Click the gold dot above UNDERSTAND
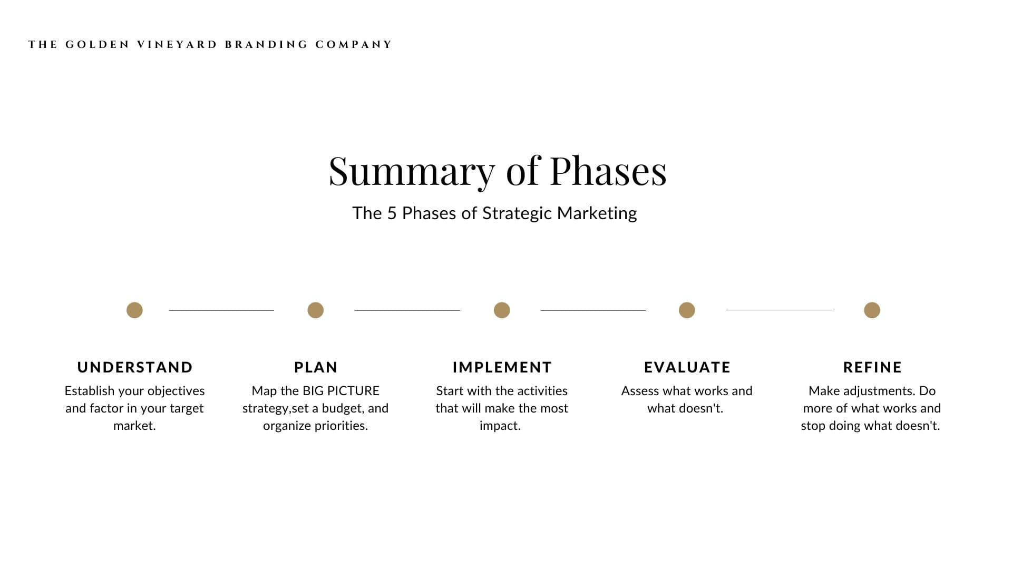(134, 310)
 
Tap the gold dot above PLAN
(315, 310)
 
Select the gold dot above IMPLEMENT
(502, 310)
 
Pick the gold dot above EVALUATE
(687, 310)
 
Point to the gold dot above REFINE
(872, 310)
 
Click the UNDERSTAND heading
(135, 367)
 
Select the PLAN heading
(316, 367)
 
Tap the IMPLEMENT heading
(502, 367)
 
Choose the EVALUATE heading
(687, 367)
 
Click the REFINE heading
(872, 367)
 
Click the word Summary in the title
(412, 172)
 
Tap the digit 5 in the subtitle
(391, 213)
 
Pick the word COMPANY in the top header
(353, 45)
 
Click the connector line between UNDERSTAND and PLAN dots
(221, 310)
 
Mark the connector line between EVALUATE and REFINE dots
(779, 310)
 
